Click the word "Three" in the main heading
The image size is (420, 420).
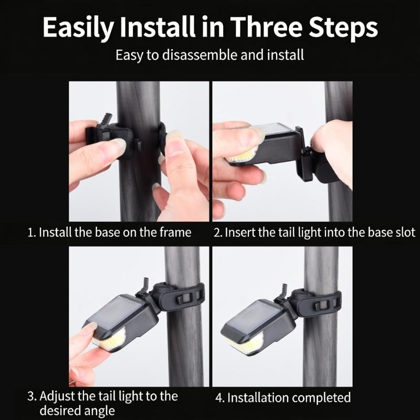266,27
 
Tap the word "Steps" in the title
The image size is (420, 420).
343,28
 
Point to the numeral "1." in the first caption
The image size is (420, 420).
31,233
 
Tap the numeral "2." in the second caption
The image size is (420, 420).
218,233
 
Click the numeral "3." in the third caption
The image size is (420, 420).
31,396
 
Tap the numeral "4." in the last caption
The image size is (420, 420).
220,398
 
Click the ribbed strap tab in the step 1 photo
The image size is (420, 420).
106,120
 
